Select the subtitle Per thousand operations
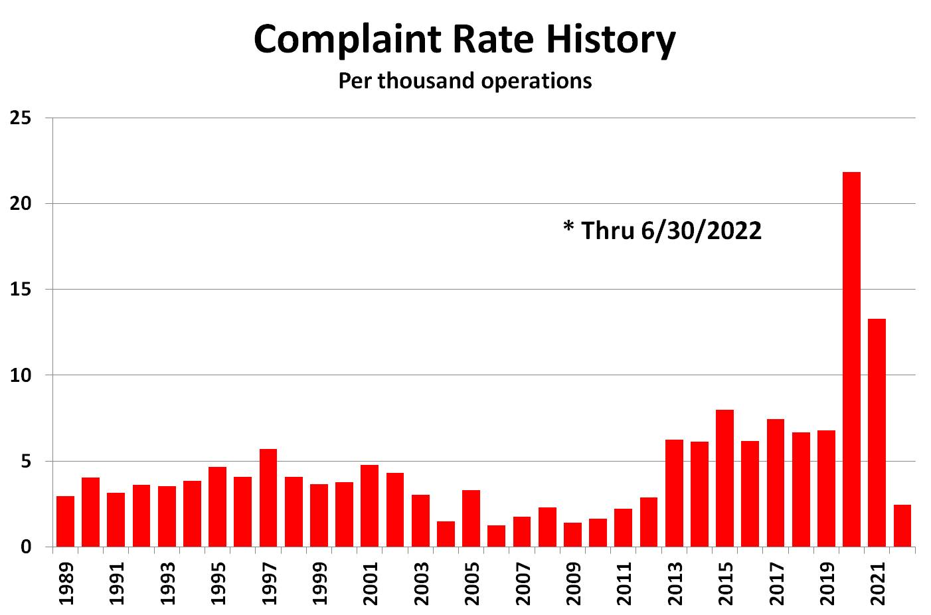[465, 80]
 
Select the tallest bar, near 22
[851, 359]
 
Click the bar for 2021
[877, 432]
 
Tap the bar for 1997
[268, 497]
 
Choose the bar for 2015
[724, 478]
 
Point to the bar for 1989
[65, 521]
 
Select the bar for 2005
[471, 518]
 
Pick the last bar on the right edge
[902, 525]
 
